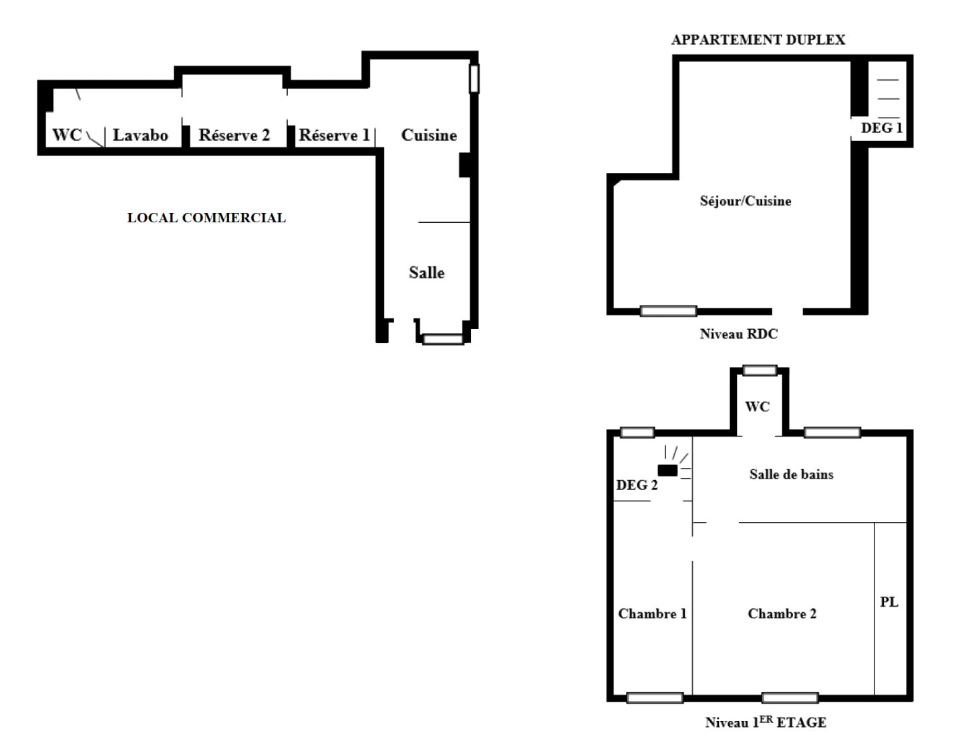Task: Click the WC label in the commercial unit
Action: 66,135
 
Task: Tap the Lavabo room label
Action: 140,135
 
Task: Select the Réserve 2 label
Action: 234,135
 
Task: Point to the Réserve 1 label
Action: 333,135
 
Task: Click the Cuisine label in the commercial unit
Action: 429,135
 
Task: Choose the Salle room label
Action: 426,272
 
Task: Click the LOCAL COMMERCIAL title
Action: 206,218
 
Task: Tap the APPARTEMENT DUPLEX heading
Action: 758,39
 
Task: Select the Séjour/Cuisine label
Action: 745,201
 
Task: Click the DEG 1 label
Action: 881,128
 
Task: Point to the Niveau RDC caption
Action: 738,334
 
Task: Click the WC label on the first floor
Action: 757,407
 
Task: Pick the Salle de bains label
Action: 791,474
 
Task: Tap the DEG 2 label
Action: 636,485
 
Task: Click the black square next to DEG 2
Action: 667,471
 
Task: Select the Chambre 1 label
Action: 652,613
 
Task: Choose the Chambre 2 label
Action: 782,613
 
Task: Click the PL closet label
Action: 889,601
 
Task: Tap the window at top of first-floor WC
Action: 760,370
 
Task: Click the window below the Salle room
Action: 443,340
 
